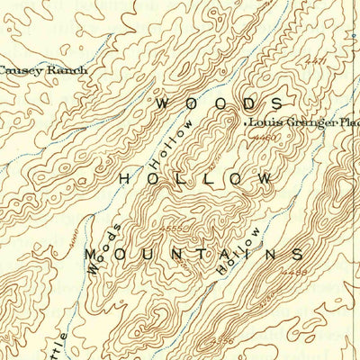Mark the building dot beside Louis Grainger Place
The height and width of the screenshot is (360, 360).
click(246, 122)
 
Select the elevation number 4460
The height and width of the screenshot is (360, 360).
click(264, 139)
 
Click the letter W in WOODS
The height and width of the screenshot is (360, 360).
click(163, 103)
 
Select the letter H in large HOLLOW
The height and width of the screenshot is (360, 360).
click(125, 179)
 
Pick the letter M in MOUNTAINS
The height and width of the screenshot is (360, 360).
click(92, 256)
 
